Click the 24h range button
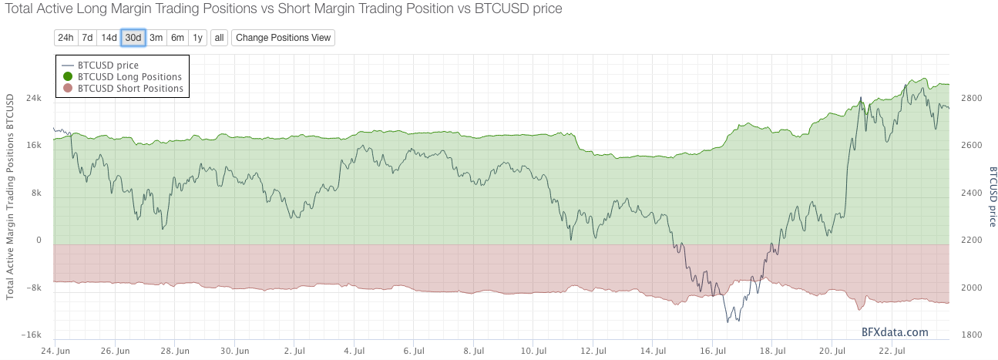[66, 38]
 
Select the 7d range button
[87, 38]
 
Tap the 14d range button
[109, 38]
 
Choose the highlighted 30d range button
[133, 38]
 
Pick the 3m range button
[156, 38]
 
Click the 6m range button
[177, 38]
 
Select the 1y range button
[198, 38]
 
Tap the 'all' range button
[220, 38]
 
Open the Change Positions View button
[283, 38]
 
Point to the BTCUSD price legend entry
[108, 66]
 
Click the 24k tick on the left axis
[34, 98]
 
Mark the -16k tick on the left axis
[32, 335]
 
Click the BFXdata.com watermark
[895, 332]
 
